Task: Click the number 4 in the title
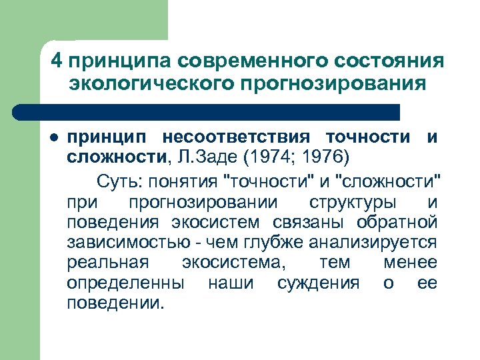(57, 61)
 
